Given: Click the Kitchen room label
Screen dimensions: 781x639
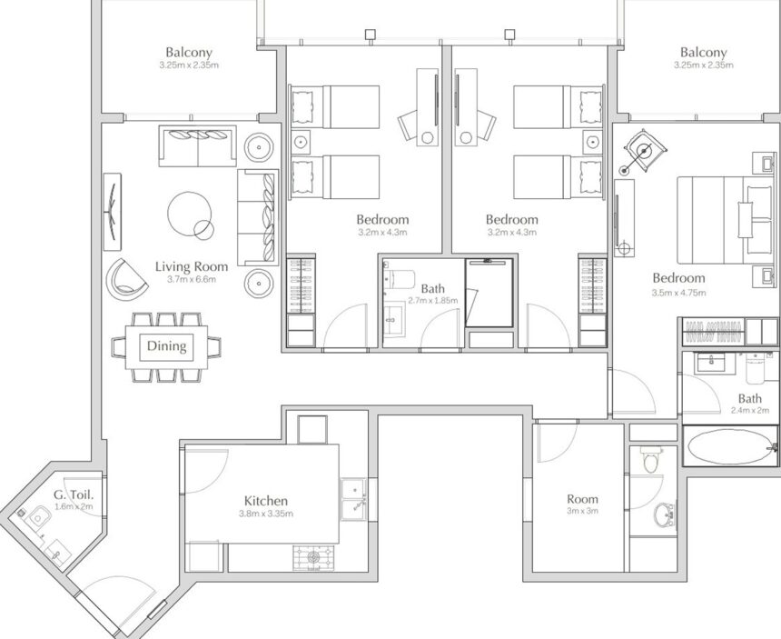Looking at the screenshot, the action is coord(266,501).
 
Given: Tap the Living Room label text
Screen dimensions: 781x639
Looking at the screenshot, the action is coord(192,266).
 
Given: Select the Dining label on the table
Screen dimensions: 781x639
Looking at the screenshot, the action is coord(167,345).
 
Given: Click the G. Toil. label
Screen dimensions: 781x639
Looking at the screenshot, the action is coord(74,495).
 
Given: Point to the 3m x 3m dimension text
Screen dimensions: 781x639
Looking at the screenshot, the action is coord(582,511).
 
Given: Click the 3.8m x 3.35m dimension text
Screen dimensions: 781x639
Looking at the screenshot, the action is coord(266,514).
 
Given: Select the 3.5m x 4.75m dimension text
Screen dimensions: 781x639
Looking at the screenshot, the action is coord(679,293).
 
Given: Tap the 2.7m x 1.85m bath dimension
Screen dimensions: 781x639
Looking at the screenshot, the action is coord(433,301).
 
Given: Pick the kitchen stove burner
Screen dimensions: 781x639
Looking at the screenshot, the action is coord(313,558).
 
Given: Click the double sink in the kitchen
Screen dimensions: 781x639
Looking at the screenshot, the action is coord(353,499).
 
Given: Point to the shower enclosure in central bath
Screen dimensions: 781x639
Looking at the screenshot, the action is coord(489,293).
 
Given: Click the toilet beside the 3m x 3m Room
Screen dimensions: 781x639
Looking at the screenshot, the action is coord(650,459).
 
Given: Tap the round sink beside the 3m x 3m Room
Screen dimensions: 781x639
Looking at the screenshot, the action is coord(665,514).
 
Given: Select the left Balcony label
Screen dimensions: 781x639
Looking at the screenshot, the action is coord(189,52).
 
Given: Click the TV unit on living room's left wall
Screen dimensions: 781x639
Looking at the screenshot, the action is coord(113,212).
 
